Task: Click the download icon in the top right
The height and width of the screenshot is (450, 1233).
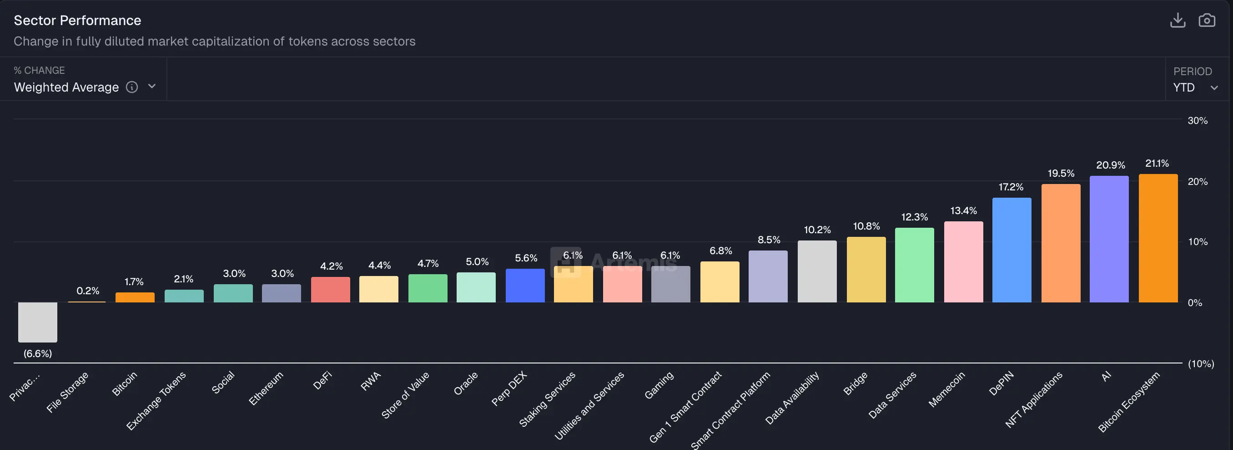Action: pos(1177,20)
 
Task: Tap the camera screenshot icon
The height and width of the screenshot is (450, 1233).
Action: pos(1206,20)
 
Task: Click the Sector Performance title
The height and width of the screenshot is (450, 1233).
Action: pos(77,20)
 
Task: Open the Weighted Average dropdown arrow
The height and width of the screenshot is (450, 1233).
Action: pos(152,87)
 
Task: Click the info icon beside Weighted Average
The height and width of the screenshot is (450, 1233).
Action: pos(131,87)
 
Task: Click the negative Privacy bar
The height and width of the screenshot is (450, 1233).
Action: pos(37,322)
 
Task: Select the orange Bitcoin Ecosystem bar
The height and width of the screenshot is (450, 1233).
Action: pos(1158,238)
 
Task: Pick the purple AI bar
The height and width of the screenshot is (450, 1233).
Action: pos(1108,239)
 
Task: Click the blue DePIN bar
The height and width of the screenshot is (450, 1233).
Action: pos(1012,250)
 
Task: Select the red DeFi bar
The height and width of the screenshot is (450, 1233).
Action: pos(330,290)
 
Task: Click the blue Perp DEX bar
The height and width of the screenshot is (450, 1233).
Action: pos(524,286)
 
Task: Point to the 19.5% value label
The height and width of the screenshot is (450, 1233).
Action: pos(1061,173)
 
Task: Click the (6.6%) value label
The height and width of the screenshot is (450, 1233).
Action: pos(37,354)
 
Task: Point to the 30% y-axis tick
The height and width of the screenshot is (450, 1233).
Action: pos(1197,121)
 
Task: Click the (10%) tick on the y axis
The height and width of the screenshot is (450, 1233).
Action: pos(1200,364)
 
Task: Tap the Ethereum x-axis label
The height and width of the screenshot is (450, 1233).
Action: pos(267,388)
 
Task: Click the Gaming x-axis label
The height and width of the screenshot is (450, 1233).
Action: pos(659,385)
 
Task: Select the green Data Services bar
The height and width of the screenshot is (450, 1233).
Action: pos(914,265)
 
